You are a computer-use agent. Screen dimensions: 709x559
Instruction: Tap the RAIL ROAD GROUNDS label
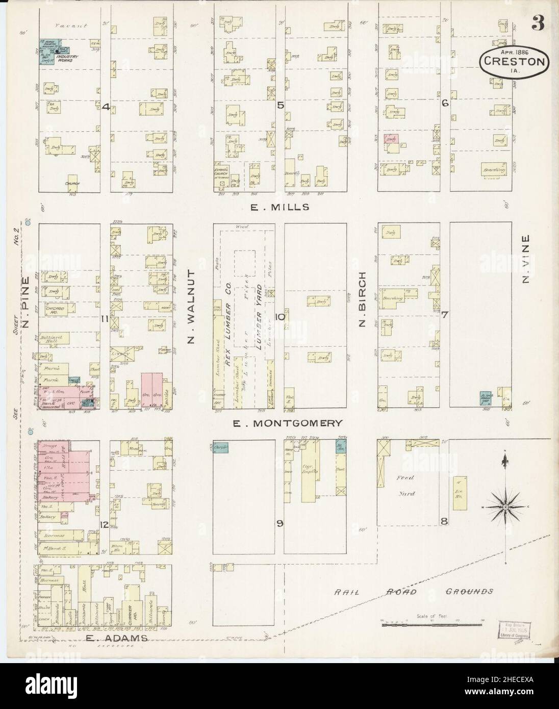(414, 592)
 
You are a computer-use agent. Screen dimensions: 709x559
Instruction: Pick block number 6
(445, 103)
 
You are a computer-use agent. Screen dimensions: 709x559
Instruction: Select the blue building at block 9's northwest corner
(220, 447)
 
